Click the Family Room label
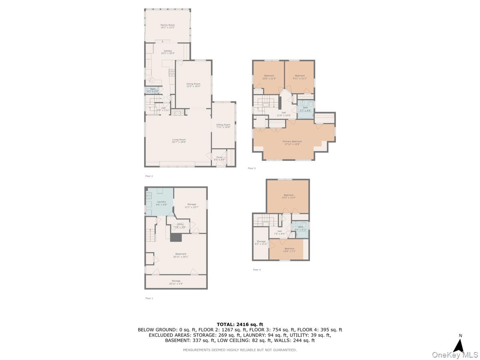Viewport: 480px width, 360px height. coord(168,26)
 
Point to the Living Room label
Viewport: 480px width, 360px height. coord(179,140)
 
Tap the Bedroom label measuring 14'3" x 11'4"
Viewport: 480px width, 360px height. coord(288,196)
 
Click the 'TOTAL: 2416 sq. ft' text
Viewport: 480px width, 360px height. coord(240,324)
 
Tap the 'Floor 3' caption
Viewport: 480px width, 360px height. coord(252,168)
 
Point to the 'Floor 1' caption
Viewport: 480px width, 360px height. coord(149,298)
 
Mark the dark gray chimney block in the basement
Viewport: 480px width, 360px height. coord(176,238)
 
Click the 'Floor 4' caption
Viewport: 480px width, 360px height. coord(257,270)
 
